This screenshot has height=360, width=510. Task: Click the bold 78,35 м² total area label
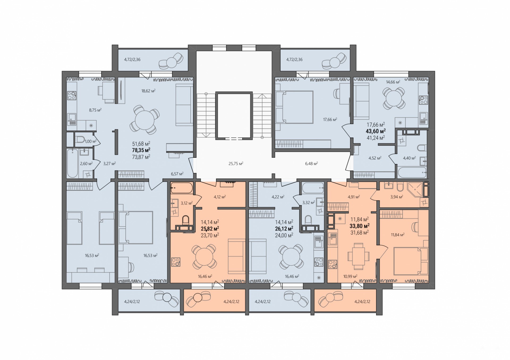(141, 150)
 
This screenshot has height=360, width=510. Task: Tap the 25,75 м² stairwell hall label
(236, 164)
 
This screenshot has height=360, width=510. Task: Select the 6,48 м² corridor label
(312, 164)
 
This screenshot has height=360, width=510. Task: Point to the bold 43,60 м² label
(376, 131)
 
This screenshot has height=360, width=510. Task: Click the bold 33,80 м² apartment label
(360, 226)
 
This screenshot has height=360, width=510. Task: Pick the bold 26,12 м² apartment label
(284, 228)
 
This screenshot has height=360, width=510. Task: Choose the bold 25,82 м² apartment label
(210, 228)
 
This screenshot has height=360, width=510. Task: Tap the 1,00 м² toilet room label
(91, 142)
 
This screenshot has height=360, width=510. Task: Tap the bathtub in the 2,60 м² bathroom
(73, 163)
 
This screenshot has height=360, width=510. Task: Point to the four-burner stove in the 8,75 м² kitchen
(72, 95)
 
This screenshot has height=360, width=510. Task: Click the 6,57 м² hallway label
(177, 174)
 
